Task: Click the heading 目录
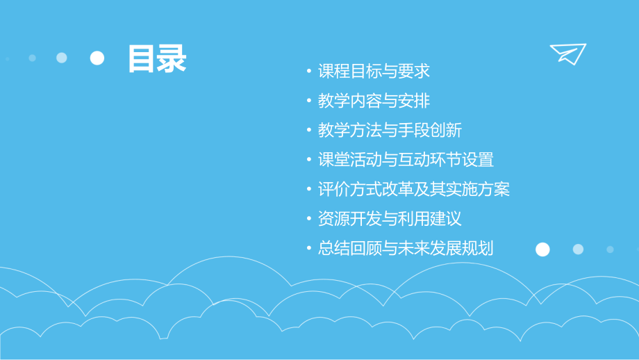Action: [157, 58]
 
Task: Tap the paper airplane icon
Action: [567, 54]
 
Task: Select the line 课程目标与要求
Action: [374, 71]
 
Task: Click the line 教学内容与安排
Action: [374, 101]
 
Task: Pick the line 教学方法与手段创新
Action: [390, 131]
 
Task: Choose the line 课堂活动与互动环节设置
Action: [406, 160]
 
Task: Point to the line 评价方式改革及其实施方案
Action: [414, 189]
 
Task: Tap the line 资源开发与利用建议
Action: [390, 219]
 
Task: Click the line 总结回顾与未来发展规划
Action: [406, 248]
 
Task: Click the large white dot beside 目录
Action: [97, 58]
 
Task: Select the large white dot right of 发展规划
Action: [542, 249]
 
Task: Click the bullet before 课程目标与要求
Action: [309, 72]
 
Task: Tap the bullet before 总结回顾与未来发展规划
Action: [309, 249]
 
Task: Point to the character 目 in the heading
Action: [142, 58]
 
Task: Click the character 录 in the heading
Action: [172, 58]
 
